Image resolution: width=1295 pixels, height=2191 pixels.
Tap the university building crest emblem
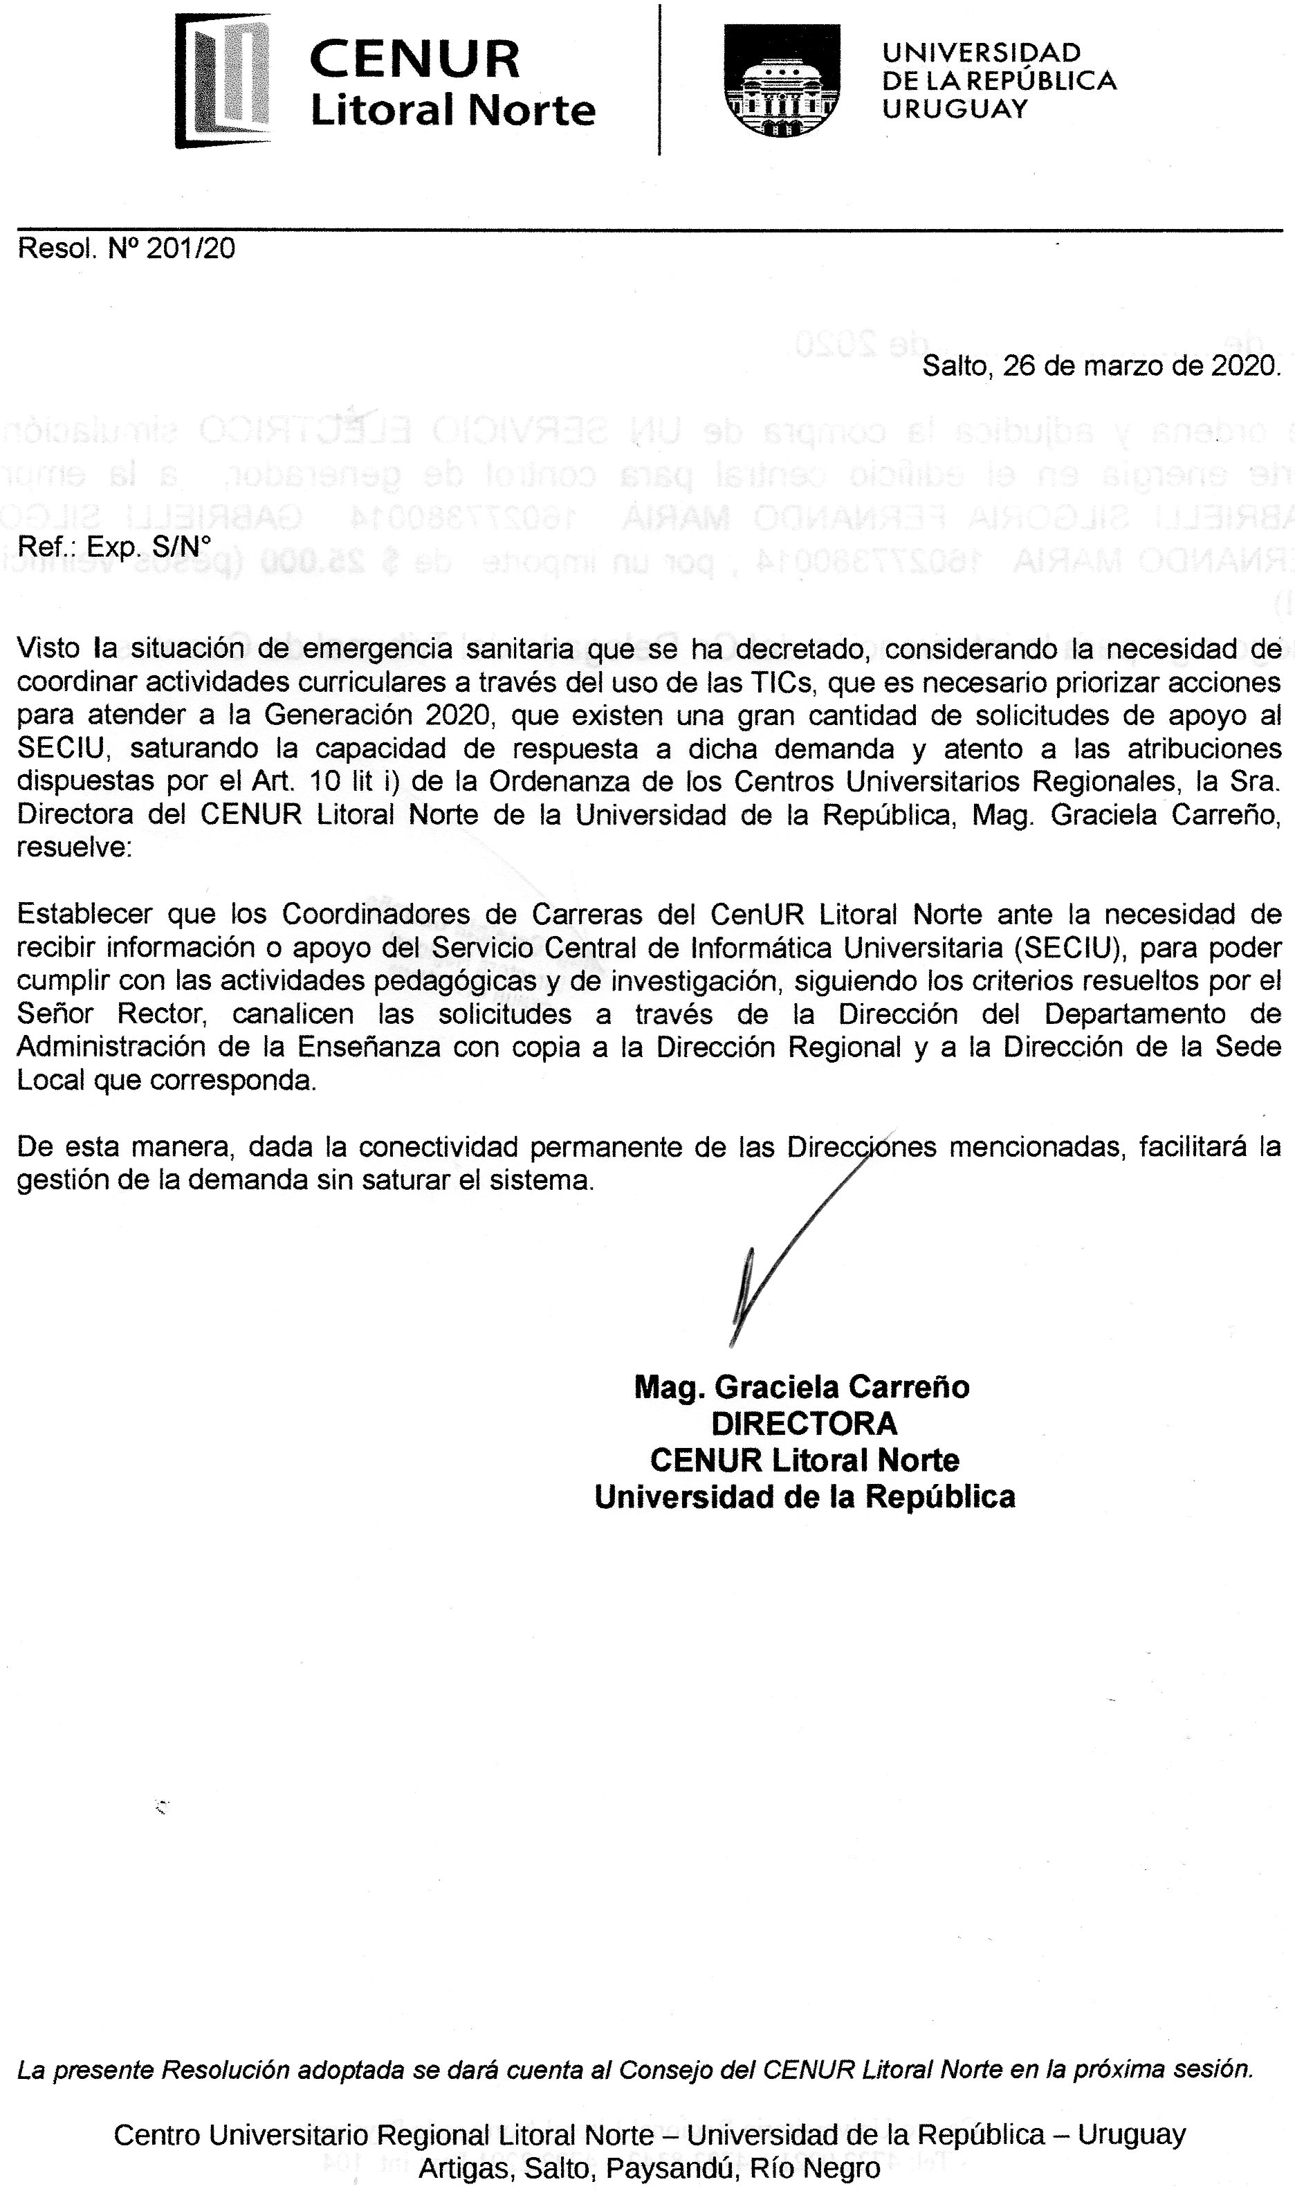coord(781,80)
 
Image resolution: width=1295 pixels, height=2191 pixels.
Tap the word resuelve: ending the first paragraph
coord(74,847)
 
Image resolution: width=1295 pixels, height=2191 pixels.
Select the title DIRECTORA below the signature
coord(804,1423)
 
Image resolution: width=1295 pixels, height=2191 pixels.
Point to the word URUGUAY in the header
coord(955,108)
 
